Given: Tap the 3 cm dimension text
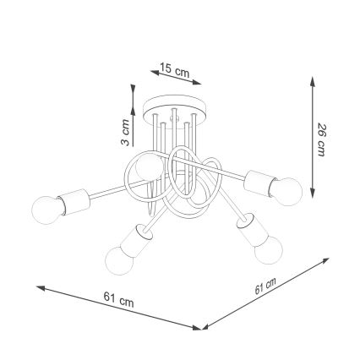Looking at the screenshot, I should pos(125,132).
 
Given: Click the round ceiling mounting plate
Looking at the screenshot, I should pos(175,108).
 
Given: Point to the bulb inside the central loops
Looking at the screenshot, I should pos(149,166).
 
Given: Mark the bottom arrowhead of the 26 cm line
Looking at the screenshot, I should pos(313,194).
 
